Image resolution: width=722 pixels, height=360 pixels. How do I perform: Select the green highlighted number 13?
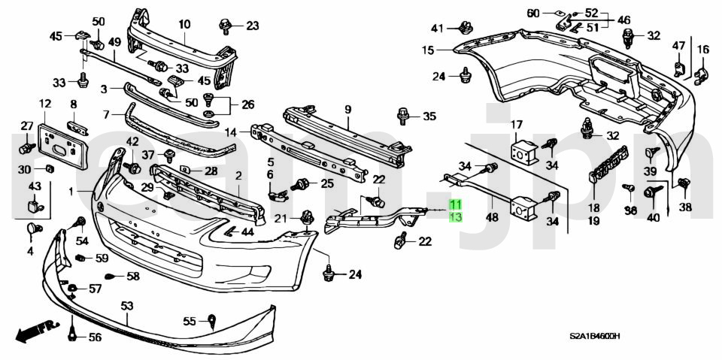[x=456, y=217]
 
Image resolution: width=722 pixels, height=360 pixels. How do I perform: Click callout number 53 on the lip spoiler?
[x=127, y=305]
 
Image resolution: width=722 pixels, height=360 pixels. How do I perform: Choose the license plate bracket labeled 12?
[x=64, y=142]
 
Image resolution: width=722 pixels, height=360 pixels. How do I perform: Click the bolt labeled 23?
[x=225, y=25]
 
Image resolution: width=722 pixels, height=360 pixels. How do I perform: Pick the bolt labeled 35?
[x=403, y=116]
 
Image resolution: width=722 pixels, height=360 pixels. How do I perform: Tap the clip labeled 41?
[x=466, y=27]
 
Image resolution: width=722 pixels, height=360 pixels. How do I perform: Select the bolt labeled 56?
[x=72, y=336]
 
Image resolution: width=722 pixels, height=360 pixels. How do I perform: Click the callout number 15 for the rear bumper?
[x=428, y=50]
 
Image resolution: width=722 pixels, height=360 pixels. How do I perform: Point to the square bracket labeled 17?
[x=524, y=151]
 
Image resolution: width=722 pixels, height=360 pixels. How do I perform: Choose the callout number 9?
[x=347, y=110]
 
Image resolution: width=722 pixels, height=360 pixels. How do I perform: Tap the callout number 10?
[x=184, y=24]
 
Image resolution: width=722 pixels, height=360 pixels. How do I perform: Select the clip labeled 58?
[x=111, y=277]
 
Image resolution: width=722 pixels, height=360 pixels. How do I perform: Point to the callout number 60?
[x=532, y=14]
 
